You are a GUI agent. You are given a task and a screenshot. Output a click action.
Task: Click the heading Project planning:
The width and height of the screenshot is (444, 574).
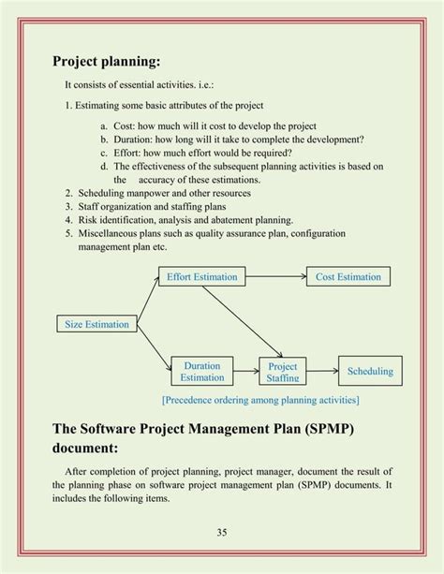tap(107, 62)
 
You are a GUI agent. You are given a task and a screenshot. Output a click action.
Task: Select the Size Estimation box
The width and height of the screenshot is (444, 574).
tap(97, 324)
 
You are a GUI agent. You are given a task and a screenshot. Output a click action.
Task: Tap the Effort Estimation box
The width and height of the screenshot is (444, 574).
tap(202, 276)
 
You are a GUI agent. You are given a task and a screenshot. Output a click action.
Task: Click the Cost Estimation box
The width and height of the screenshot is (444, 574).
tap(348, 276)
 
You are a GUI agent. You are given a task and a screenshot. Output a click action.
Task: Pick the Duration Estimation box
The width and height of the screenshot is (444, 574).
tap(202, 372)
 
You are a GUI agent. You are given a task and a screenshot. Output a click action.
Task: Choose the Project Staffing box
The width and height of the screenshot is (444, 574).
tap(283, 371)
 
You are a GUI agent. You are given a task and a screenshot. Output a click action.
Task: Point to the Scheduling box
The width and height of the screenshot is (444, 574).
tap(370, 371)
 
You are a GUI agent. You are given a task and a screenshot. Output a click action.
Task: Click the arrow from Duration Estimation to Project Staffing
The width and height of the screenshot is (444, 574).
tap(246, 372)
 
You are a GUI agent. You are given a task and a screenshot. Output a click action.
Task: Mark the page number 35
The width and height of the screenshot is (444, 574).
tap(222, 533)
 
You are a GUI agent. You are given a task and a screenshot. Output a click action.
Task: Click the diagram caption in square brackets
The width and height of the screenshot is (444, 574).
tap(260, 400)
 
